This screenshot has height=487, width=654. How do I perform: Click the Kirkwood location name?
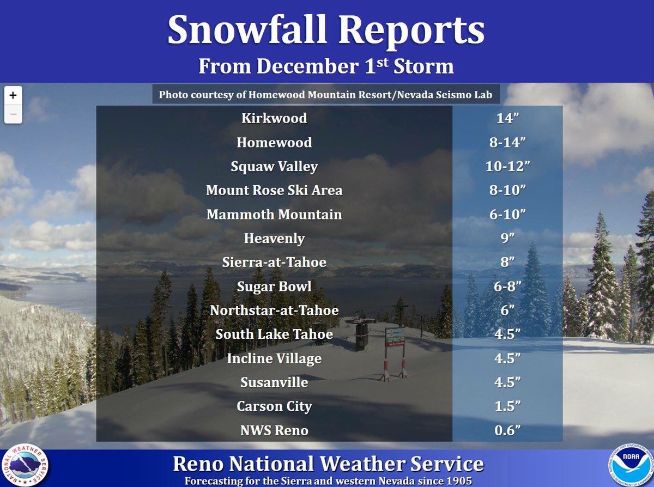coord(274,118)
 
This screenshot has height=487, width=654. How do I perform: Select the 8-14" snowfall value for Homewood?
coord(507,143)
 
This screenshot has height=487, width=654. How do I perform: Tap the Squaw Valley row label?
coord(274,166)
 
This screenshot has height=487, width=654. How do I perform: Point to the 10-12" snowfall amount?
coord(507,167)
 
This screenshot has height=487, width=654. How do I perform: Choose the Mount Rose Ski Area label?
coord(274,191)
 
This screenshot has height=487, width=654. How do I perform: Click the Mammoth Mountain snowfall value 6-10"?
coord(507,215)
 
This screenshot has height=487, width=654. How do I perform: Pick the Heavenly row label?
coord(274,238)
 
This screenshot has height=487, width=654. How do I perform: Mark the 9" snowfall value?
coord(507,239)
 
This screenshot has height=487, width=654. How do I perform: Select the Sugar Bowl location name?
coord(274,286)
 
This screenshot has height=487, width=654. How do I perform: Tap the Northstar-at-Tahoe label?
coord(274,310)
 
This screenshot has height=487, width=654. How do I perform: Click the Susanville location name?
coord(274,382)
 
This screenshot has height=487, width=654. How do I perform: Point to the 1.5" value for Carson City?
coord(507,406)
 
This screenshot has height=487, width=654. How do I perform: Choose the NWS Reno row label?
coord(274,430)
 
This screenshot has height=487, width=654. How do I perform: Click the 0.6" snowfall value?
coord(507,430)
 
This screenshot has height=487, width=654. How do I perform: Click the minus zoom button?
coord(13,114)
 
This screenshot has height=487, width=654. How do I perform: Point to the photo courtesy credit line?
coord(325,95)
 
